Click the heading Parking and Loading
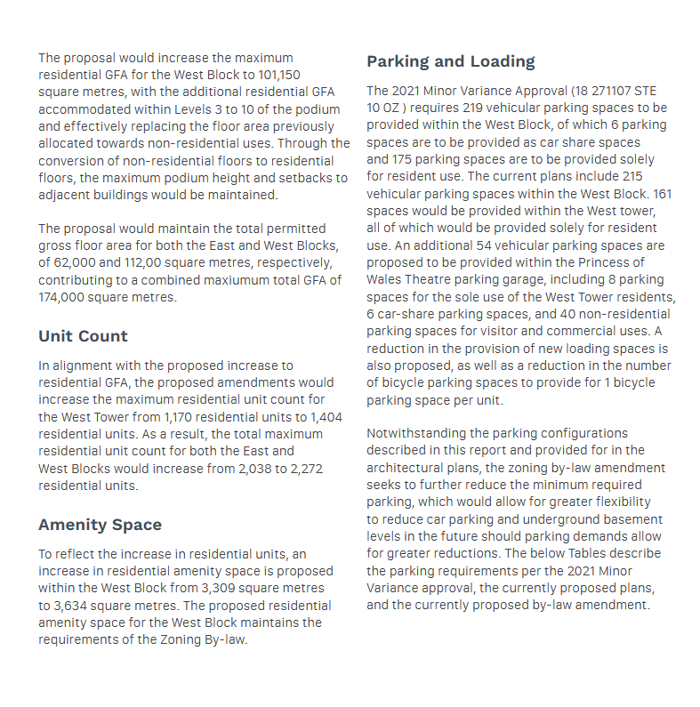click(x=451, y=61)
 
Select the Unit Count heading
click(x=83, y=336)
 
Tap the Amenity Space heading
click(x=100, y=525)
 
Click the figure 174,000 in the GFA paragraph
click(x=66, y=297)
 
